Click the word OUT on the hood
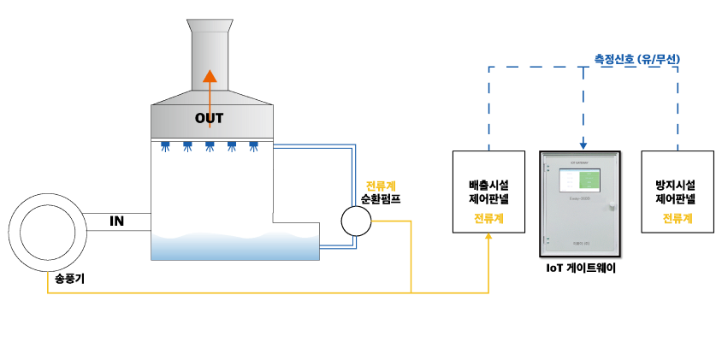click(x=209, y=118)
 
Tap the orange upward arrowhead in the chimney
click(x=210, y=76)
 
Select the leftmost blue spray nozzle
click(x=165, y=146)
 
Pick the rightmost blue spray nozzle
click(x=253, y=146)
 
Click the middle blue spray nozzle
click(x=210, y=146)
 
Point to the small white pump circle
click(x=356, y=221)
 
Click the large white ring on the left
click(x=48, y=233)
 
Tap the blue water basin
click(x=234, y=247)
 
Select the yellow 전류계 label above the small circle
click(x=381, y=186)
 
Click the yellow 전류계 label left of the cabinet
click(x=488, y=218)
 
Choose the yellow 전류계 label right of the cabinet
click(x=678, y=218)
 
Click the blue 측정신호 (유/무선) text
click(x=637, y=59)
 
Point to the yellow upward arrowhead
click(x=488, y=236)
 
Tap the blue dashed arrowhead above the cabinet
click(x=583, y=145)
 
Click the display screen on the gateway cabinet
click(x=579, y=180)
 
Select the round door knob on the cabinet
click(x=612, y=206)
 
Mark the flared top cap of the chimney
click(x=210, y=26)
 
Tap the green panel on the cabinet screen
click(x=589, y=180)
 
